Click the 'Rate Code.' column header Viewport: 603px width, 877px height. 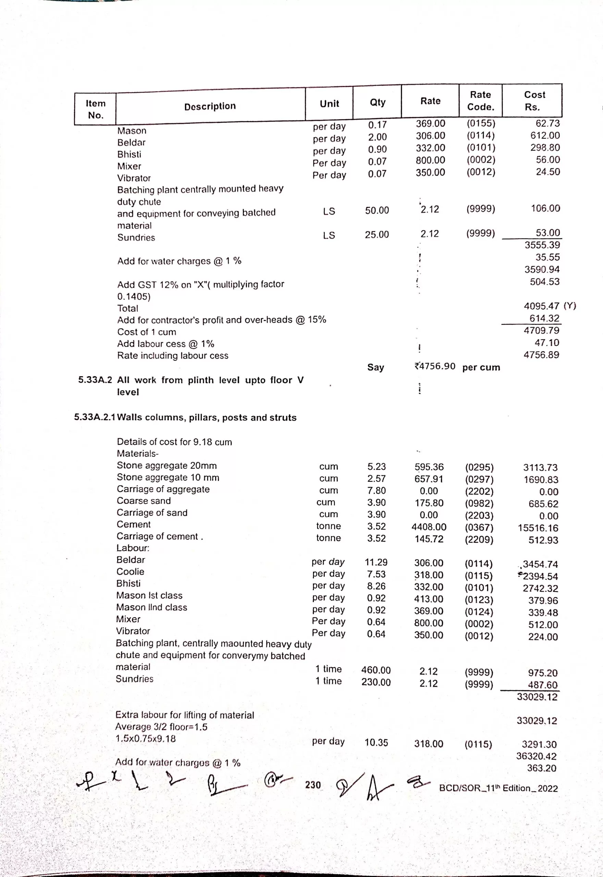(480, 100)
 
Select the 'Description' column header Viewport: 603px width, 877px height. (210, 107)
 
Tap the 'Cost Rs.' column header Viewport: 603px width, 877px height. (534, 100)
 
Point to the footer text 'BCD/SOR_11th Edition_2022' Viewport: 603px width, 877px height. (498, 788)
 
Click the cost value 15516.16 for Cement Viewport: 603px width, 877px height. (538, 528)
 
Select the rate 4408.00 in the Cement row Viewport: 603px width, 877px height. (429, 527)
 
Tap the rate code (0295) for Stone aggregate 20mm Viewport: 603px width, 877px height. (479, 468)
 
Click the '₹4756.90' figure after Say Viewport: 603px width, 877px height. (434, 366)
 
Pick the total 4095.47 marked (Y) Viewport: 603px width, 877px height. (541, 306)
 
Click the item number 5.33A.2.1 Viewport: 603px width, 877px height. (95, 417)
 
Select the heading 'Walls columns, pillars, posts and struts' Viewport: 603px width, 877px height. (207, 418)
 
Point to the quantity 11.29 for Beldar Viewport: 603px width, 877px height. (376, 563)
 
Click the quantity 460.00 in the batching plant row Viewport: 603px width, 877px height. (376, 670)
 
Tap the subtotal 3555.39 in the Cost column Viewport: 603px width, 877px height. (542, 245)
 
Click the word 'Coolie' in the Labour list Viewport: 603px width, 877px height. (130, 572)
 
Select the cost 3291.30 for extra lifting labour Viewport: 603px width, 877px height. (539, 744)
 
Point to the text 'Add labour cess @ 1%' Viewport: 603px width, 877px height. (165, 344)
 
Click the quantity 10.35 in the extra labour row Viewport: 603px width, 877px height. (376, 743)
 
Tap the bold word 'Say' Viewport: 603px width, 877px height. (375, 368)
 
